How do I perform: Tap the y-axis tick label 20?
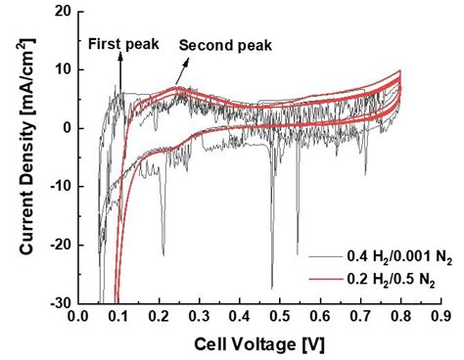62,12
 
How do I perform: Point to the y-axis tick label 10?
62,69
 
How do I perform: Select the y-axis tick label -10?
59,187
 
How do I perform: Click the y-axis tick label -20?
59,245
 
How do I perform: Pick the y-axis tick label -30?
59,302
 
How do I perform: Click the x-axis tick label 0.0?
76,317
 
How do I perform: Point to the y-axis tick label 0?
66,128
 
